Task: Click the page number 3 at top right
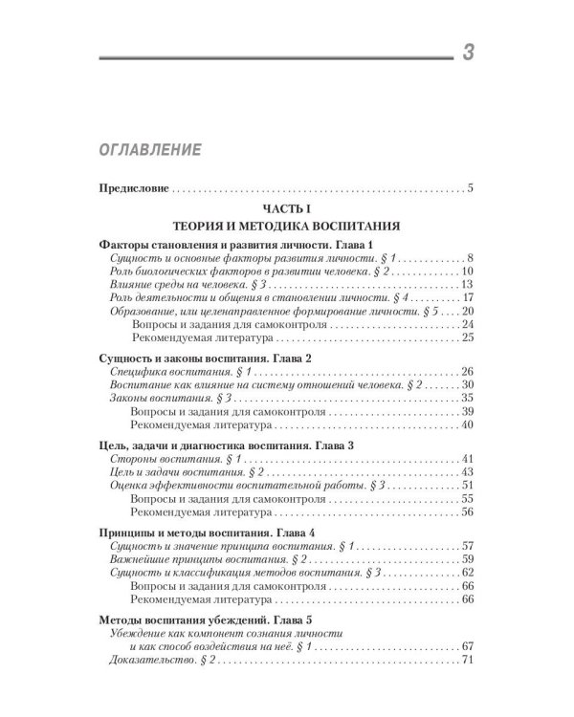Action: [467, 54]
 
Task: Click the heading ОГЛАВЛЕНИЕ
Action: [147, 150]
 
